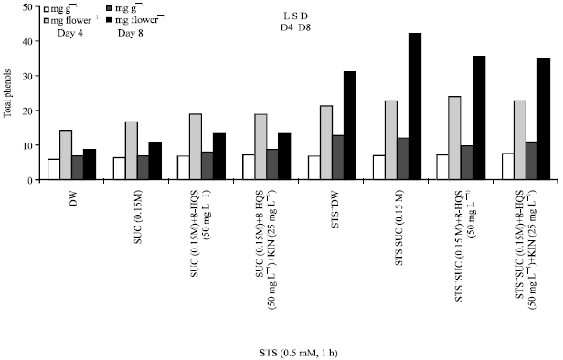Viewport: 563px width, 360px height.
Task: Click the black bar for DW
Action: click(x=89, y=164)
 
